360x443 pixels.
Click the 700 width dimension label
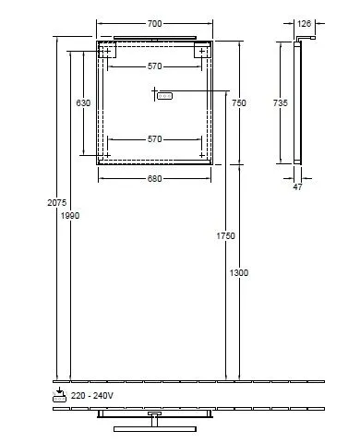pyautogui.click(x=154, y=24)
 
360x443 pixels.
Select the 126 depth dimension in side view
pyautogui.click(x=305, y=23)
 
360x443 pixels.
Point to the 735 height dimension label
pyautogui.click(x=281, y=102)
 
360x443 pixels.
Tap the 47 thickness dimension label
pyautogui.click(x=297, y=187)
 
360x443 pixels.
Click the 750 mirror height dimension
pyautogui.click(x=239, y=102)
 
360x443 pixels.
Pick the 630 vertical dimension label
pyautogui.click(x=83, y=102)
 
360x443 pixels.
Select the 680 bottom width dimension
pyautogui.click(x=154, y=179)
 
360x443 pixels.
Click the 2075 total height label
pyautogui.click(x=57, y=203)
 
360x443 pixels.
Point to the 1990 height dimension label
pyautogui.click(x=70, y=216)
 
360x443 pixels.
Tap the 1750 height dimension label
pyautogui.click(x=226, y=236)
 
